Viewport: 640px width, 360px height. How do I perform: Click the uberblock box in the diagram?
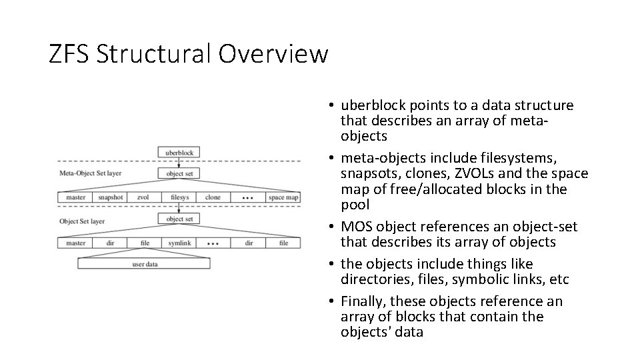[179, 153]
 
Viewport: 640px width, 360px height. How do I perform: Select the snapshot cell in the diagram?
[110, 197]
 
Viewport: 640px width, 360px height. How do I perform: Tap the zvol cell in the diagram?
[143, 197]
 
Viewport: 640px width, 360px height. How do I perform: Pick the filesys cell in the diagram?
[179, 197]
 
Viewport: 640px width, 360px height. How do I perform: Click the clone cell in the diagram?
[213, 197]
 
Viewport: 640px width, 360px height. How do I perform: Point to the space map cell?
[283, 197]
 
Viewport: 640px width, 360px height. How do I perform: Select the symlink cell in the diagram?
[179, 243]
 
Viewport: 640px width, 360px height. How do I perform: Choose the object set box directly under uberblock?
[179, 174]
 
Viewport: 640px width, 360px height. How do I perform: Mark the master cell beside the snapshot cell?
[75, 197]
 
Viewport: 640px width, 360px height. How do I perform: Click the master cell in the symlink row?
[75, 243]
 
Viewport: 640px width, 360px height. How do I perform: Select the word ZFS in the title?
[69, 54]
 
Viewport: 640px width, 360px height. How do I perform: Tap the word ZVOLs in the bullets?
[471, 174]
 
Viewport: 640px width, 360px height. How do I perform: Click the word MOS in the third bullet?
[357, 227]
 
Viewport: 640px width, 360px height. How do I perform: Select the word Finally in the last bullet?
[364, 301]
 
